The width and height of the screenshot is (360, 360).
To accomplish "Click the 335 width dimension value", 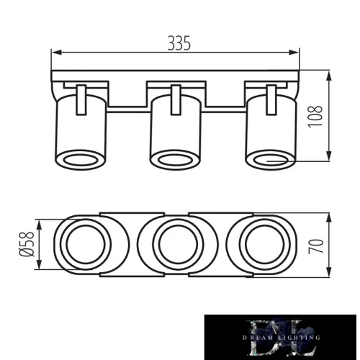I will [180, 42].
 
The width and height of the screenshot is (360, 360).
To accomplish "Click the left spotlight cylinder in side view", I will [81, 130].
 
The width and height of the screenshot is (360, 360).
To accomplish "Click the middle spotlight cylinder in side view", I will [175, 130].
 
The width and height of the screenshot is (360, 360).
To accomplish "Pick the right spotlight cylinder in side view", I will [271, 130].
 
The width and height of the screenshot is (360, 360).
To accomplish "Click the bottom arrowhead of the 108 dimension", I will [328, 160].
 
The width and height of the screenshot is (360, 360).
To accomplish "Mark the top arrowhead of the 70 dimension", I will [328, 217].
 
